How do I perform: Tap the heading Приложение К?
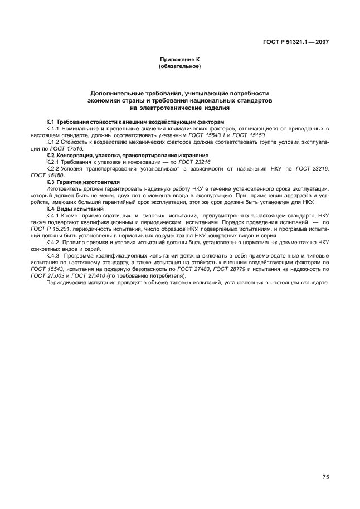pos(179,59)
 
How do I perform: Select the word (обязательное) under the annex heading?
pos(179,66)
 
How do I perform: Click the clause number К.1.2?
pos(55,142)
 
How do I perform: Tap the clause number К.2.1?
pos(55,162)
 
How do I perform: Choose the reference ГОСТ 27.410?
pos(91,275)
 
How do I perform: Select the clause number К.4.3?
pos(55,255)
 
